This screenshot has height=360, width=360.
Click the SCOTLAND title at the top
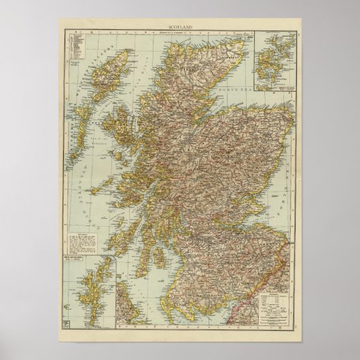click(180, 27)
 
